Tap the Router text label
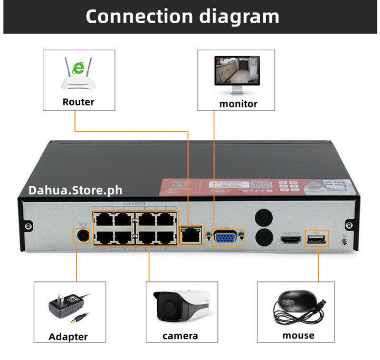coord(78,102)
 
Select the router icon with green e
coord(79,74)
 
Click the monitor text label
coord(238,103)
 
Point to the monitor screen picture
coord(236,71)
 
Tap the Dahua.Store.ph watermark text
coord(74,190)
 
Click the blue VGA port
coord(228,238)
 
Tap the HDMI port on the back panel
coord(291,241)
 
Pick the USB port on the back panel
coord(317,240)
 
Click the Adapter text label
coord(68,336)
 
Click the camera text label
coord(180,336)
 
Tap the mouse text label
coord(298,335)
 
